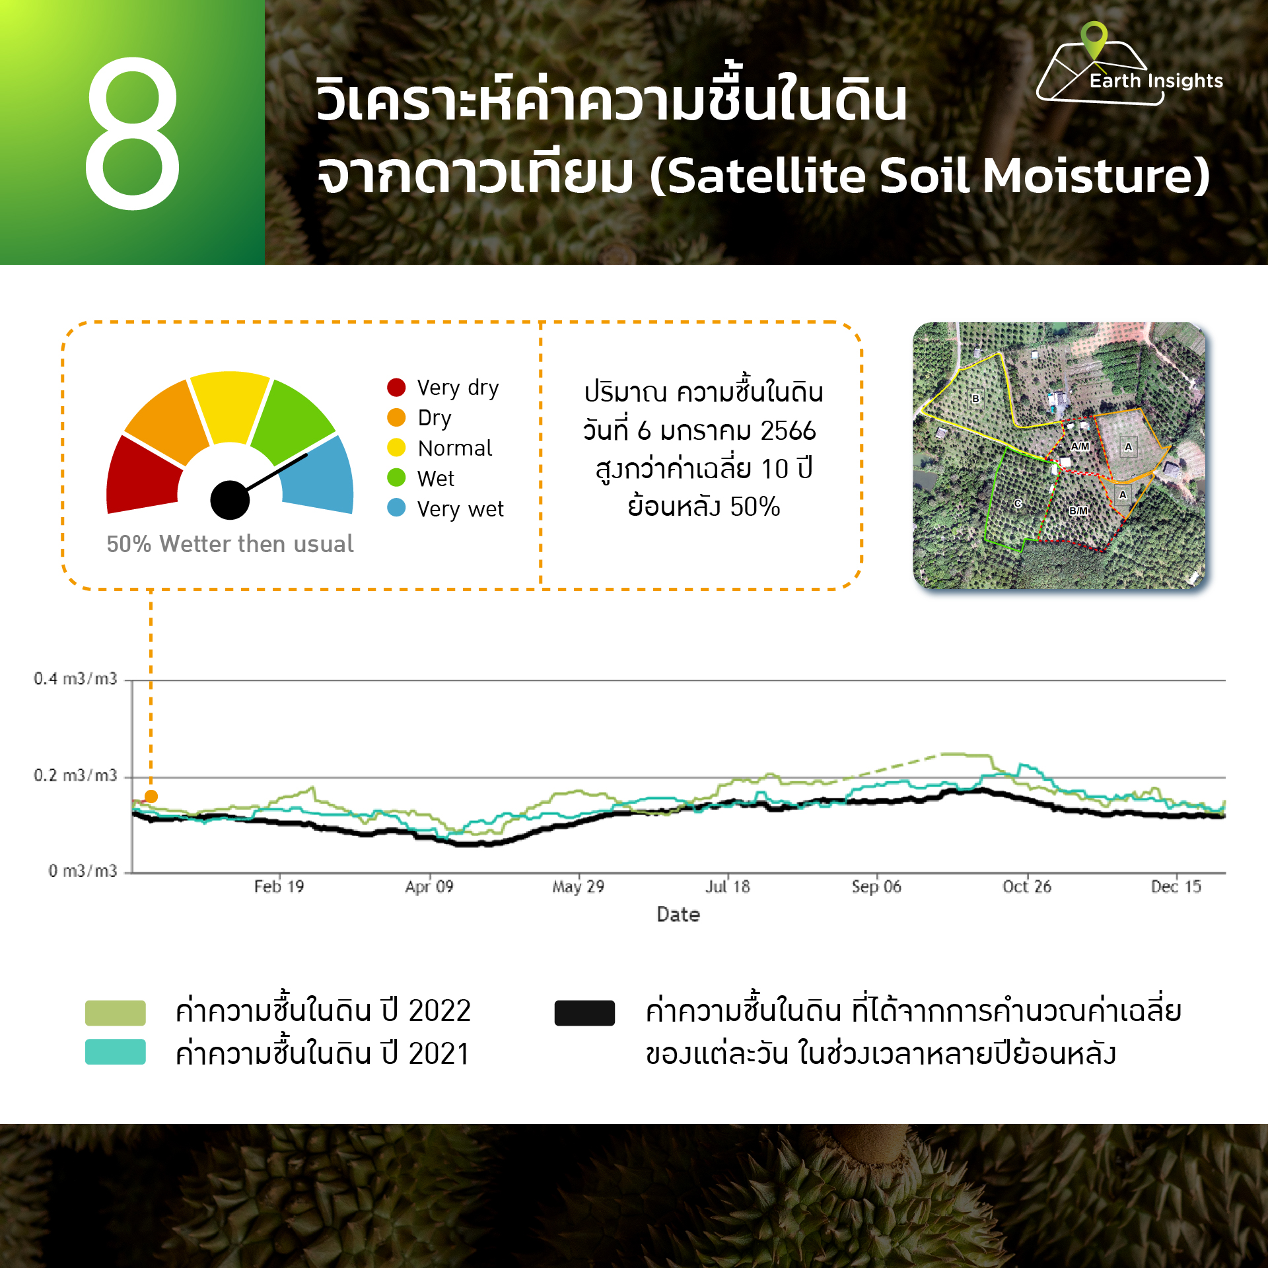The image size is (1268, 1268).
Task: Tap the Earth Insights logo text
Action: (x=1156, y=81)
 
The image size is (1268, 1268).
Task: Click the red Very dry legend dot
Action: (x=396, y=387)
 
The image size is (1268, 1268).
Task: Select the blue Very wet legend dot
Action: (x=396, y=507)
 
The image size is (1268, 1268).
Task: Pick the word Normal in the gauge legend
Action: (x=455, y=448)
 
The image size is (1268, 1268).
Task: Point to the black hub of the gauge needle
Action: (x=230, y=500)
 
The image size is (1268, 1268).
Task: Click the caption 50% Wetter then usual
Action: (x=230, y=544)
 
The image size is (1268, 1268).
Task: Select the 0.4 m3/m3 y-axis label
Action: (x=75, y=679)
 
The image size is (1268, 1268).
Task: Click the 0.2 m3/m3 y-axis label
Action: (x=75, y=775)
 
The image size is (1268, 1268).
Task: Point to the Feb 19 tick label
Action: (x=279, y=886)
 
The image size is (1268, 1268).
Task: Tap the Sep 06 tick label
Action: (x=876, y=886)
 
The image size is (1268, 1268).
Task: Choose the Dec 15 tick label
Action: (x=1176, y=886)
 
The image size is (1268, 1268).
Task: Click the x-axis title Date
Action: (x=678, y=915)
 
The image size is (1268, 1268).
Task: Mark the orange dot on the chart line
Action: (x=151, y=796)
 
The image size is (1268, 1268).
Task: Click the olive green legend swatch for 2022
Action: (x=116, y=1013)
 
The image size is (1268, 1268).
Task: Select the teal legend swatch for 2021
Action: (x=116, y=1052)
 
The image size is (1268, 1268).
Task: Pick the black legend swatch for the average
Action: (x=584, y=1013)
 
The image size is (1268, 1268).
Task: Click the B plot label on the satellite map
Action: (x=975, y=399)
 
